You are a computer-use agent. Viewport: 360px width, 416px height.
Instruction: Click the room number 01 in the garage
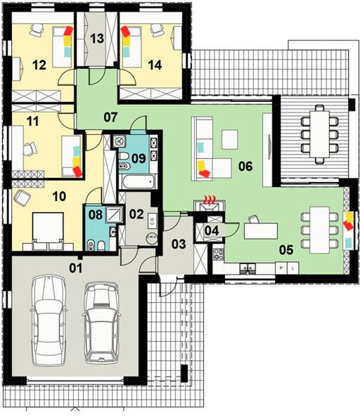[75, 267]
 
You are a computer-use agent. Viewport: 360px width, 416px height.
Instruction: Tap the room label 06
[244, 166]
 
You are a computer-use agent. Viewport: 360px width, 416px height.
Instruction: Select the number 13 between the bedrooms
[98, 39]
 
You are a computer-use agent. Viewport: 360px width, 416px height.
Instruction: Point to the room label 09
[139, 158]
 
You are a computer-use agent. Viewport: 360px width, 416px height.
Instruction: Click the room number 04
[212, 230]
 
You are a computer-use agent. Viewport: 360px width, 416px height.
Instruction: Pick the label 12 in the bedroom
[39, 65]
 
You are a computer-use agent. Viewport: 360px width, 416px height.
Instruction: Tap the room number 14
[155, 65]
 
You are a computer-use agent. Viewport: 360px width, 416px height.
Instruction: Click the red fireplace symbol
[209, 200]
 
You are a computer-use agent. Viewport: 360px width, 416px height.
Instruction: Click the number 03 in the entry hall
[179, 244]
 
